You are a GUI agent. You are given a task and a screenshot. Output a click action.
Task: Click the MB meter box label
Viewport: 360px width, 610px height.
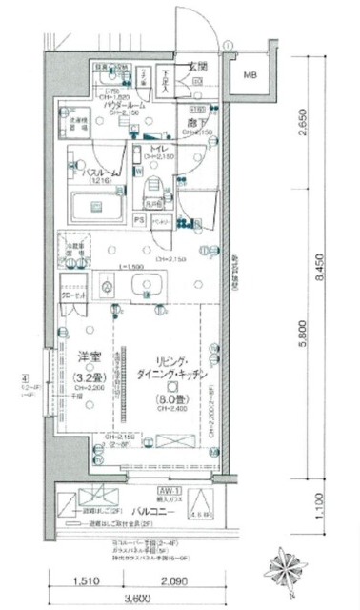click(x=250, y=75)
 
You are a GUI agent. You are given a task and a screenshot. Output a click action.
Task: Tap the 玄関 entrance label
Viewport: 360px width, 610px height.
click(x=197, y=67)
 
